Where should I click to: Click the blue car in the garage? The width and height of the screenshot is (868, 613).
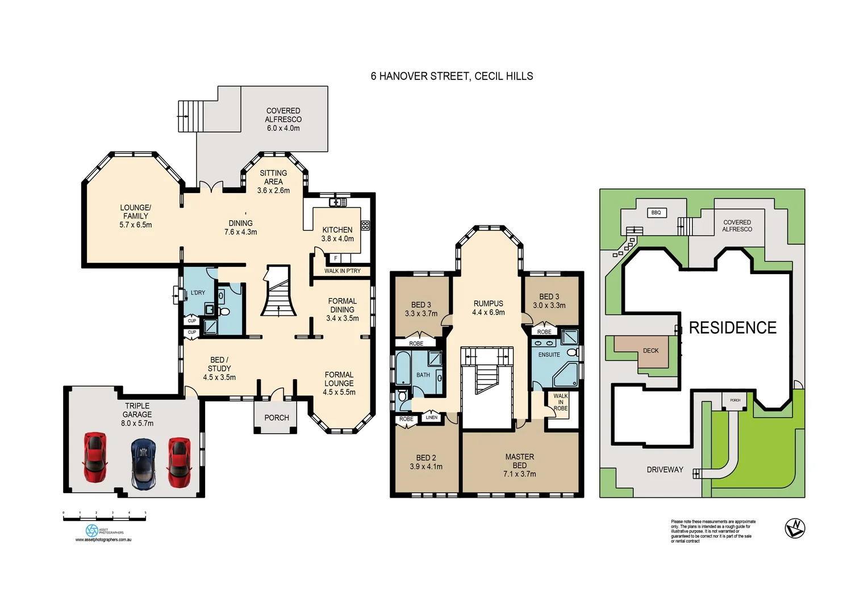click(x=143, y=463)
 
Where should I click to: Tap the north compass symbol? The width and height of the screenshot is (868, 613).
click(x=795, y=528)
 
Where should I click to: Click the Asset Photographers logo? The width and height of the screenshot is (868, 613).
click(x=92, y=530)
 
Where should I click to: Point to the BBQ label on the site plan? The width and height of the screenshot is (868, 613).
click(x=656, y=213)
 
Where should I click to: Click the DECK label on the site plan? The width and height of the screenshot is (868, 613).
click(x=650, y=351)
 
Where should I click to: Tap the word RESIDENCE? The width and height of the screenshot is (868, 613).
click(x=732, y=328)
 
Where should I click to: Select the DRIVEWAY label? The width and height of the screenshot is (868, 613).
click(x=665, y=470)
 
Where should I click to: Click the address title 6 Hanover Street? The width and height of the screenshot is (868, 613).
click(x=452, y=76)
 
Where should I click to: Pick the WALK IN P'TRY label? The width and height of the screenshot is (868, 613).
click(x=342, y=271)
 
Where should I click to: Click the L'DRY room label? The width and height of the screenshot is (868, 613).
click(x=198, y=293)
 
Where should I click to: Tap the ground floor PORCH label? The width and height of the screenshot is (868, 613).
click(x=277, y=418)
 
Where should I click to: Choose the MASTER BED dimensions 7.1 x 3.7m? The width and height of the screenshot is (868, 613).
click(x=519, y=474)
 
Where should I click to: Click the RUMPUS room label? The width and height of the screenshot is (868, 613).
click(x=488, y=304)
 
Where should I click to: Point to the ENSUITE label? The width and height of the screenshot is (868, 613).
click(x=549, y=355)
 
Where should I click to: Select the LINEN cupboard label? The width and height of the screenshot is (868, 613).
click(x=432, y=418)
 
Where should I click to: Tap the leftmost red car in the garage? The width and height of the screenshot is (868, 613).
click(x=94, y=457)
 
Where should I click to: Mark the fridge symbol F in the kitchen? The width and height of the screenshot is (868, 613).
click(x=336, y=258)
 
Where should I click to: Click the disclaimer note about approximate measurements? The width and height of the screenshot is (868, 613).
click(x=713, y=531)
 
